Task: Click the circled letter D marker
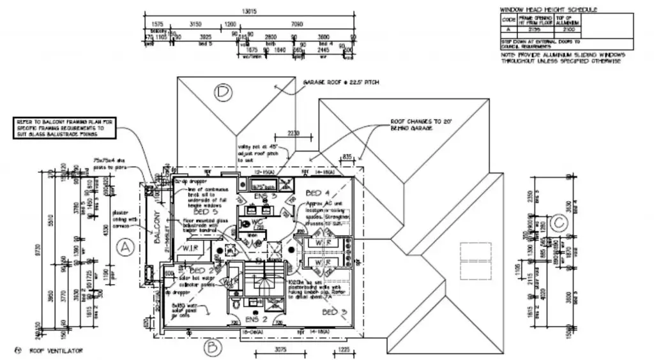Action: pyautogui.click(x=222, y=93)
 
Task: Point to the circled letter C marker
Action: pyautogui.click(x=559, y=222)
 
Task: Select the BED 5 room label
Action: pyautogui.click(x=202, y=211)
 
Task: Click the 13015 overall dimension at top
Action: pyautogui.click(x=250, y=11)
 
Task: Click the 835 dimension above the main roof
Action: pyautogui.click(x=347, y=156)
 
